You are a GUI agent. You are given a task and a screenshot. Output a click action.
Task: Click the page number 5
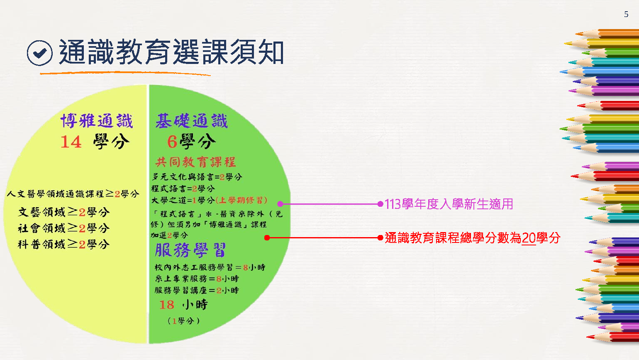pyautogui.click(x=626, y=14)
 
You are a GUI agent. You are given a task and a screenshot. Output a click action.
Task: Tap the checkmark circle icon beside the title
pyautogui.click(x=40, y=53)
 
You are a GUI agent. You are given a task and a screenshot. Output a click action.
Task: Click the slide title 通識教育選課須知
pyautogui.click(x=171, y=52)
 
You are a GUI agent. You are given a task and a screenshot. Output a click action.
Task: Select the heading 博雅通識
pyautogui.click(x=97, y=121)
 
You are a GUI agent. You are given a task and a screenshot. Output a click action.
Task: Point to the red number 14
pyautogui.click(x=71, y=142)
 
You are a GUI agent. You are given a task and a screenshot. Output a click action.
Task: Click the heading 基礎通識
pyautogui.click(x=191, y=121)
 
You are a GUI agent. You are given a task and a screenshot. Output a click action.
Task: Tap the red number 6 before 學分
pyautogui.click(x=172, y=142)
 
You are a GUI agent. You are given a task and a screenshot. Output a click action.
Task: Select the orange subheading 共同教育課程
pyautogui.click(x=196, y=162)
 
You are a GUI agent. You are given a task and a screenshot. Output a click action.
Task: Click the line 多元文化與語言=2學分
pyautogui.click(x=197, y=177)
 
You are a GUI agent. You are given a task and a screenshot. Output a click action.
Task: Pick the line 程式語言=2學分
pyautogui.click(x=183, y=189)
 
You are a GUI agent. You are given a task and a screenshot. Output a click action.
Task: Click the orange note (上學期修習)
pyautogui.click(x=241, y=201)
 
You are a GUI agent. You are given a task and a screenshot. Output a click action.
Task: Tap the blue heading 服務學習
pyautogui.click(x=190, y=250)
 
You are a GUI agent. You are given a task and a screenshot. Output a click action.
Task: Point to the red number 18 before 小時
pyautogui.click(x=167, y=305)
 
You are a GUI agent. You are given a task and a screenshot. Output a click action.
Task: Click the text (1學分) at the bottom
pyautogui.click(x=184, y=321)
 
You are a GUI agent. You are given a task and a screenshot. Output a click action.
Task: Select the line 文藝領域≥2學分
pyautogui.click(x=63, y=212)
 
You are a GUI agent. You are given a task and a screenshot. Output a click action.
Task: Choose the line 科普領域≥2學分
pyautogui.click(x=63, y=245)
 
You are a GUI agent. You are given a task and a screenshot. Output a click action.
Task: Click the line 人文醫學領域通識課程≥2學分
pyautogui.click(x=73, y=194)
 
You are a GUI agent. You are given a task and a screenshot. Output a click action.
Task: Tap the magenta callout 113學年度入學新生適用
pyautogui.click(x=449, y=204)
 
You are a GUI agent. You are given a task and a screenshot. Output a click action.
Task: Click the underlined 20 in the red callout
pyautogui.click(x=529, y=238)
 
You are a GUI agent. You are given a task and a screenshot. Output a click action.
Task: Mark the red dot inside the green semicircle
pyautogui.click(x=267, y=238)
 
